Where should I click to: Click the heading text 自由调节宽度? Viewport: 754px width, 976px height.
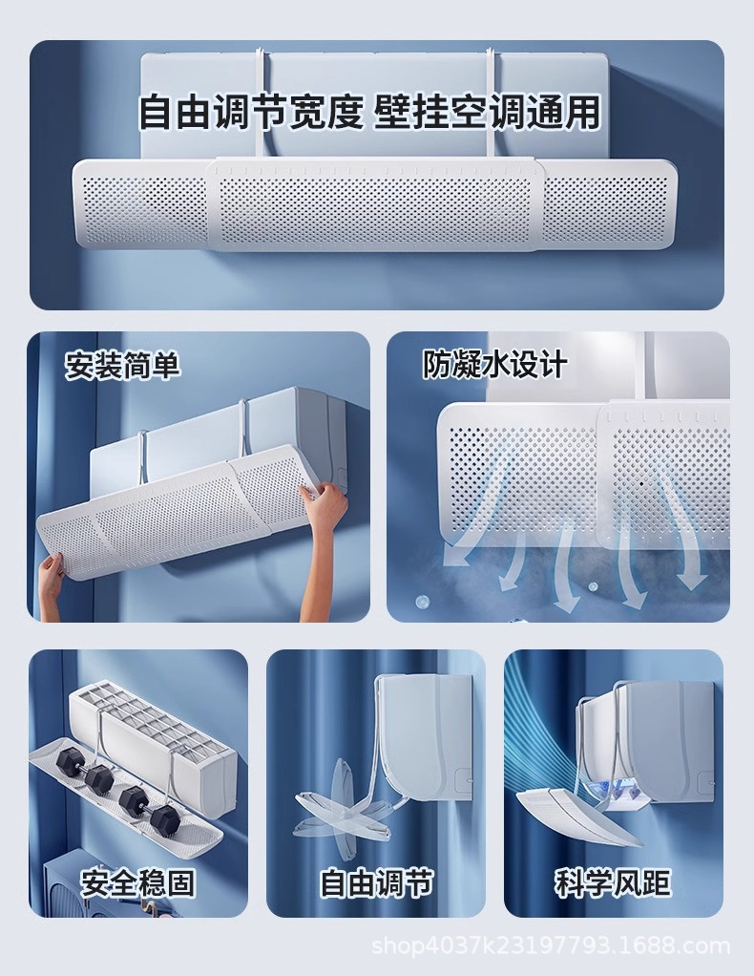point(251,112)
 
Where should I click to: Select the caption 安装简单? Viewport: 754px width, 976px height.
point(122,365)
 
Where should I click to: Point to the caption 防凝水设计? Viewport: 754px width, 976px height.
point(494,364)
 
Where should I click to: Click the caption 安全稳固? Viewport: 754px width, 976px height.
point(137,882)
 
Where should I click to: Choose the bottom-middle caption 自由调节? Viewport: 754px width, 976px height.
point(376,882)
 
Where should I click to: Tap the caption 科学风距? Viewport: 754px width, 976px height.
point(613,882)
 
